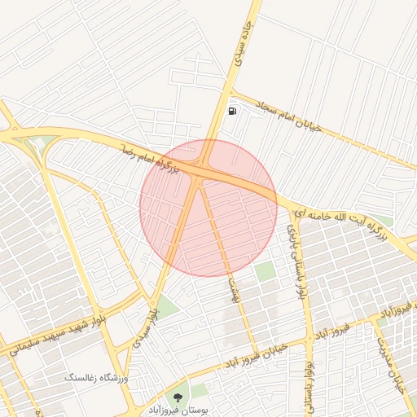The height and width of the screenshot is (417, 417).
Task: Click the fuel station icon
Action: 234,111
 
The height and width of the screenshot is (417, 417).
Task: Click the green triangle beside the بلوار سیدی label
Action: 166,307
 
